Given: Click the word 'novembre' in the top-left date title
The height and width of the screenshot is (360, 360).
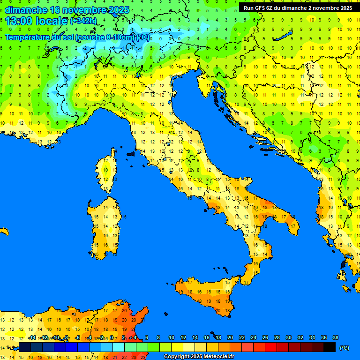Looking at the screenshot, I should pos(77,10).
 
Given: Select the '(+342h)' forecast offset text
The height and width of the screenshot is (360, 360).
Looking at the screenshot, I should pos(83,21).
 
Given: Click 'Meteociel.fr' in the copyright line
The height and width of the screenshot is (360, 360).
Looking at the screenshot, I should pos(216,357).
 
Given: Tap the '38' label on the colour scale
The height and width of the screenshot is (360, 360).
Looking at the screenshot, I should pos(335,338).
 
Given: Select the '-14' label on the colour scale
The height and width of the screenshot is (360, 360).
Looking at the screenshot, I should pos(32,338).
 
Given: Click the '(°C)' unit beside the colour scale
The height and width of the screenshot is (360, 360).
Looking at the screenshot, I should pos(344,348).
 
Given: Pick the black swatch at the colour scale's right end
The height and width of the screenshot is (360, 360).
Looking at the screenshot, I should pos(330,347).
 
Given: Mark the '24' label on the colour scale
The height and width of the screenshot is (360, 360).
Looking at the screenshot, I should pos(254,338).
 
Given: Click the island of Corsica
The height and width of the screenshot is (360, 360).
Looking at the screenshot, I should pos(107,171).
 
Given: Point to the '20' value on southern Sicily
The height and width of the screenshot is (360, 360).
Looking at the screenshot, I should pos(218,310).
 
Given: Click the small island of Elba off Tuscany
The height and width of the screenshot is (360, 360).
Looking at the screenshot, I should pos(131,153).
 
